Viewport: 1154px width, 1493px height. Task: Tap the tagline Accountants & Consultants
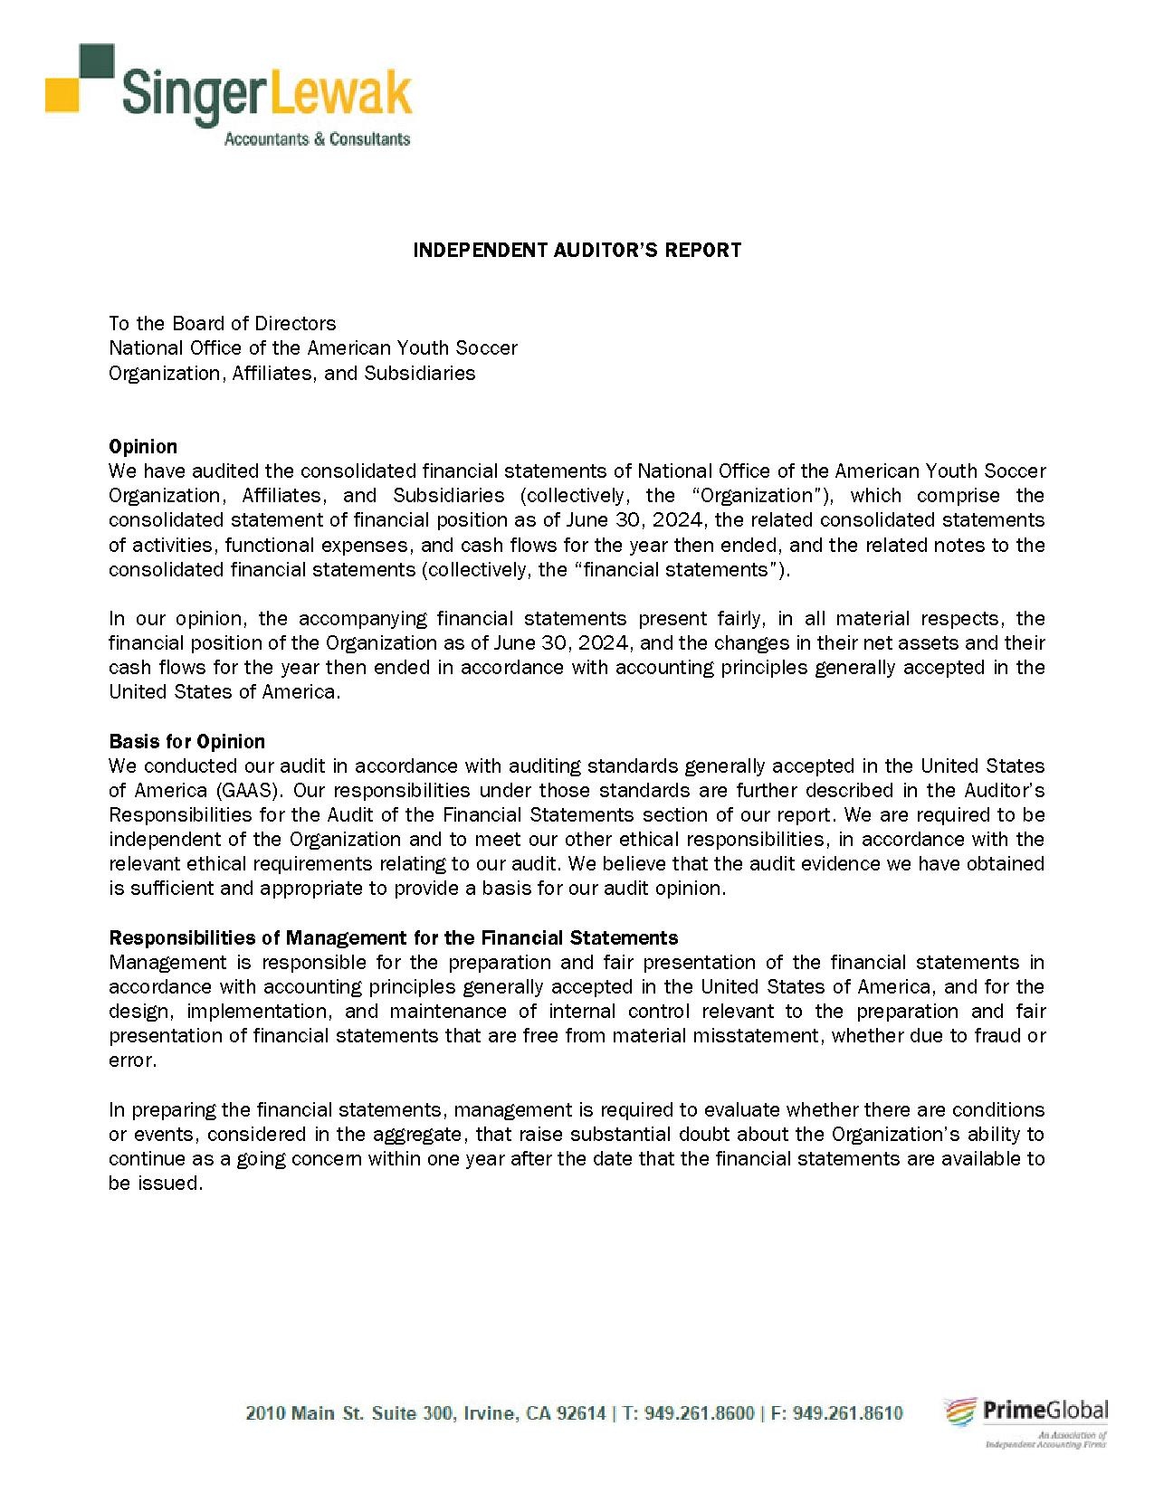[316, 139]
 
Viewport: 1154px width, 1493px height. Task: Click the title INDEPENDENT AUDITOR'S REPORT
[577, 250]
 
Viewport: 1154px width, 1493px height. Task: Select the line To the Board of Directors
[222, 323]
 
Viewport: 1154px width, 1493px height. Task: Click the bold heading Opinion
[143, 446]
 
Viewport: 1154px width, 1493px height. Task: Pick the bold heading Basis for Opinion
[186, 742]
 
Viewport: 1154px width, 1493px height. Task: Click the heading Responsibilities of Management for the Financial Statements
[393, 937]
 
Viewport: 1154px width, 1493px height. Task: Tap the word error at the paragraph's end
[132, 1060]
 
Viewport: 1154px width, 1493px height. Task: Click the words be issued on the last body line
[154, 1184]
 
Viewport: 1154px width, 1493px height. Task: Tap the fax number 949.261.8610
[847, 1413]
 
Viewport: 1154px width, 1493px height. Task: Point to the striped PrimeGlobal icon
[960, 1412]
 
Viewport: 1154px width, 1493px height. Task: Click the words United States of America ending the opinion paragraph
[224, 692]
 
